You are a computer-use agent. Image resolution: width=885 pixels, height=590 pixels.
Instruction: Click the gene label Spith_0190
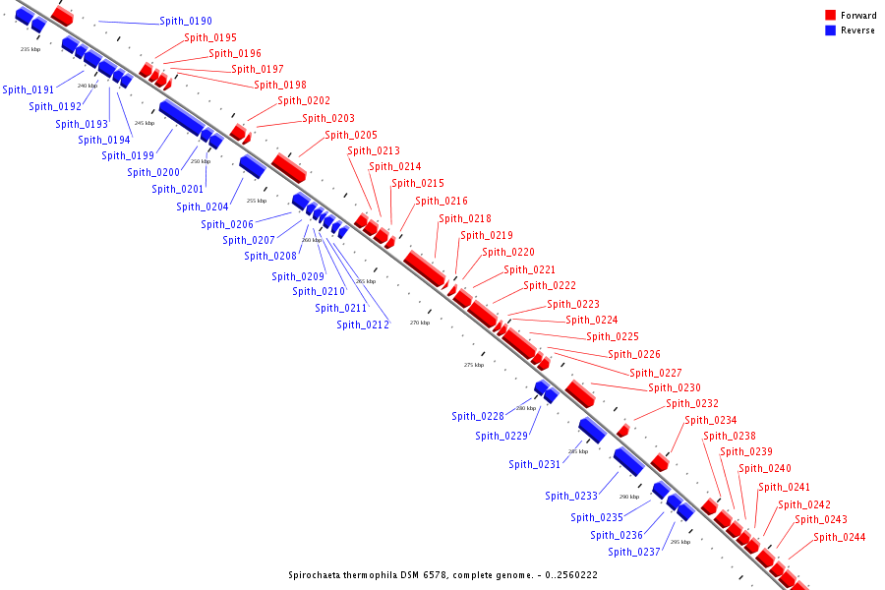coord(185,22)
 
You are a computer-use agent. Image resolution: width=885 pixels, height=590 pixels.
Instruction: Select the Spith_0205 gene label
coord(351,136)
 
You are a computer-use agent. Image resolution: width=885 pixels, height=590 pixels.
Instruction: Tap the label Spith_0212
coord(363,325)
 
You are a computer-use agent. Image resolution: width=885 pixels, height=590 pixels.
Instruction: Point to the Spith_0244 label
coord(840,538)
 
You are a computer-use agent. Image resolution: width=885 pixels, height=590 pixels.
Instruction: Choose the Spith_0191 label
coord(29,90)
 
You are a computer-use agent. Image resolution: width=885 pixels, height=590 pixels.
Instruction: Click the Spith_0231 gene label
coord(534,465)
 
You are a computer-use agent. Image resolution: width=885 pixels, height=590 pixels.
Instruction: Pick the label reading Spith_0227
coord(656,374)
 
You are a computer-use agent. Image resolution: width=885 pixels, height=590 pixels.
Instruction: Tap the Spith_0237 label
coord(634,553)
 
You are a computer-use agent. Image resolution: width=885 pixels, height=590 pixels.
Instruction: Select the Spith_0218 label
coord(465,219)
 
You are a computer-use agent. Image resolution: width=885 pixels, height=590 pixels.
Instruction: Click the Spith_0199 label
coord(128,156)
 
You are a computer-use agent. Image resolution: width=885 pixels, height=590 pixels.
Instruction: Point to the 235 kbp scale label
coord(30,49)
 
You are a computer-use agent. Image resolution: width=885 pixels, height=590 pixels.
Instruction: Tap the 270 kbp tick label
coord(420,323)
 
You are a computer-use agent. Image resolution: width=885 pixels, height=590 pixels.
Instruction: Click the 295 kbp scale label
coord(680,542)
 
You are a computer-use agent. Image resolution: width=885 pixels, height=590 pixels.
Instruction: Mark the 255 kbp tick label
coord(257,201)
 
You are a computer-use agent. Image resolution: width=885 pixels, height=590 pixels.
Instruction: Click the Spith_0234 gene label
coord(711,421)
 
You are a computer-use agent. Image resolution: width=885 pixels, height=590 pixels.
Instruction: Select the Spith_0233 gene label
coord(571,497)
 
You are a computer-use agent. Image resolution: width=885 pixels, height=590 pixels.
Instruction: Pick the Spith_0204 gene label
coord(203,207)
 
